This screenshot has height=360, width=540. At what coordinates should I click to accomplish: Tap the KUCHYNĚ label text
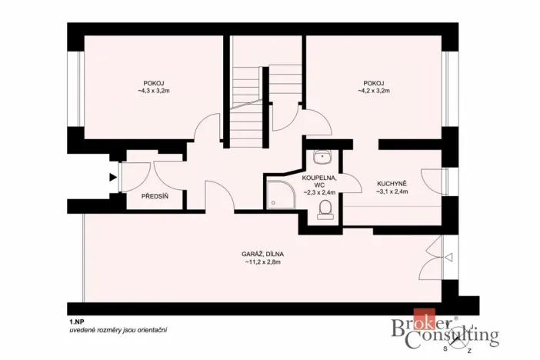pos(392,183)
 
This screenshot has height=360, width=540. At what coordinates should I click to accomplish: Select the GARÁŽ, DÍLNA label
pos(262,254)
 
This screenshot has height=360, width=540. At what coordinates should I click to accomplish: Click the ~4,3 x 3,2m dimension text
pos(153,91)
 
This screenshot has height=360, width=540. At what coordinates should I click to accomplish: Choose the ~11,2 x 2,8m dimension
pos(262,262)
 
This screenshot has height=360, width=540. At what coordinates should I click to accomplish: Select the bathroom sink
pos(322,158)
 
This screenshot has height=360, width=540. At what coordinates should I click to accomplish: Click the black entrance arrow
pos(113,178)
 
